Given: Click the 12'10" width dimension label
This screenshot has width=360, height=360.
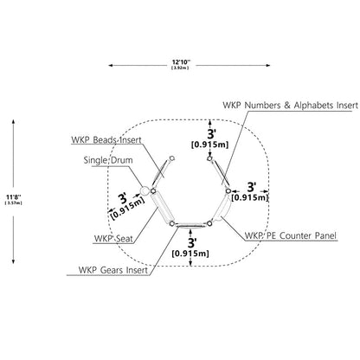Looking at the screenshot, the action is click(x=181, y=62).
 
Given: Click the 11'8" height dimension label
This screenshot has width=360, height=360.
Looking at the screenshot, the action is click(x=14, y=197).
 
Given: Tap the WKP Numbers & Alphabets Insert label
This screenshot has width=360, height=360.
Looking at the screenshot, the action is click(x=290, y=106).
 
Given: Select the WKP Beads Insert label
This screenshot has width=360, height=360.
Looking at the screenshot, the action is click(x=106, y=140).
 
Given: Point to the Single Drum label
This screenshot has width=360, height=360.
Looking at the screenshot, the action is click(x=108, y=160).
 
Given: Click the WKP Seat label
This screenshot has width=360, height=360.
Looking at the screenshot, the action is click(x=113, y=239).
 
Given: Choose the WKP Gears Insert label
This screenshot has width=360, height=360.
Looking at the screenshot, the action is click(x=113, y=270).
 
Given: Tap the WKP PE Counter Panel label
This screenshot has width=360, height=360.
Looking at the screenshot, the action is click(x=291, y=235).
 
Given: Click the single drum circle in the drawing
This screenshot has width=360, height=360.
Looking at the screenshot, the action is click(x=145, y=190).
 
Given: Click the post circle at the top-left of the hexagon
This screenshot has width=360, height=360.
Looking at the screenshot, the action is click(x=172, y=158).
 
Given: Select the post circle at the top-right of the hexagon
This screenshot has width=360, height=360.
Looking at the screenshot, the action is click(x=209, y=158).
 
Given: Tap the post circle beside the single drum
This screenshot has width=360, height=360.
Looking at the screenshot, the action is click(x=153, y=191).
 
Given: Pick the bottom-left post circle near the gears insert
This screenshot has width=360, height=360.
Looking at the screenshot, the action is click(x=172, y=223).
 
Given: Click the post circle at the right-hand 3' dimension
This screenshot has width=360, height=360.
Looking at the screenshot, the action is click(x=228, y=191).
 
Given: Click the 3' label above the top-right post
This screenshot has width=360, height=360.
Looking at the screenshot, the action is click(x=211, y=134).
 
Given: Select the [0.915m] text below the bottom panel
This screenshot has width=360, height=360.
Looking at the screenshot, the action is click(x=190, y=254).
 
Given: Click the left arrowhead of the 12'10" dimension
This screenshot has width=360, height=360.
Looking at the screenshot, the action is click(x=110, y=66).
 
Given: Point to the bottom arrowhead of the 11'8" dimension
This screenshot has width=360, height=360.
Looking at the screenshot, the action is click(x=13, y=261).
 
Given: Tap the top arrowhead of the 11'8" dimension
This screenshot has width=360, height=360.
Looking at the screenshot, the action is click(x=13, y=121).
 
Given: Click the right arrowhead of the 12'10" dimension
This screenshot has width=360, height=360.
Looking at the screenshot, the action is click(x=268, y=66).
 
